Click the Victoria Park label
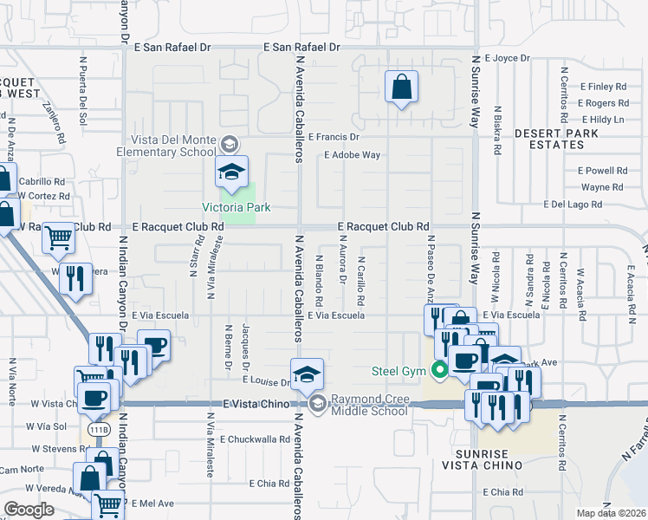tap(237, 207)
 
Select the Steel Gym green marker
tap(440, 371)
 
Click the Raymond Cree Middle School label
tap(368, 405)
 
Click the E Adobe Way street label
tap(352, 155)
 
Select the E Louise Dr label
tap(266, 381)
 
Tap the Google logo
tap(28, 510)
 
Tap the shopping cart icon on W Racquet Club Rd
tap(58, 237)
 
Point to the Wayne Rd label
tap(602, 187)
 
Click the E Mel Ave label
tap(153, 504)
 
